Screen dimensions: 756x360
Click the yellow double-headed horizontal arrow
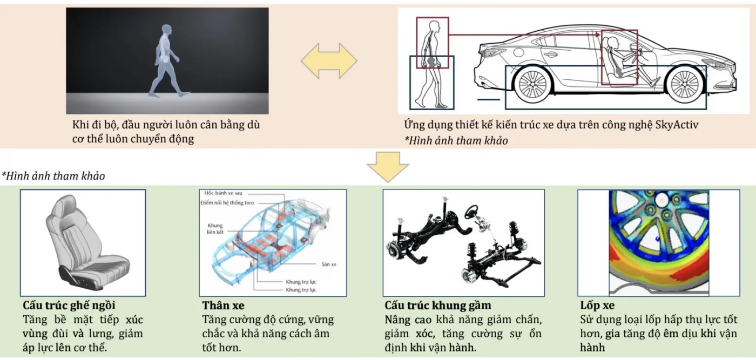click(x=329, y=61)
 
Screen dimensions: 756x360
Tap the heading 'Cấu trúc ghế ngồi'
click(x=69, y=305)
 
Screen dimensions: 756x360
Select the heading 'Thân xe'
click(x=224, y=305)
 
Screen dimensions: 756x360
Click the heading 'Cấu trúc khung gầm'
click(x=438, y=305)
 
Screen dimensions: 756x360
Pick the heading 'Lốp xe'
click(x=597, y=305)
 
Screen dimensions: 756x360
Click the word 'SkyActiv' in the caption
click(x=677, y=125)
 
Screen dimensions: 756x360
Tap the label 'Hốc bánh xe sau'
click(x=223, y=193)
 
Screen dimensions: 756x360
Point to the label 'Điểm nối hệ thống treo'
click(x=227, y=203)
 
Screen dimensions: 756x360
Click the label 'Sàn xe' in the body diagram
click(x=329, y=264)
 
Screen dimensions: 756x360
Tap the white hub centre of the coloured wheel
click(x=661, y=201)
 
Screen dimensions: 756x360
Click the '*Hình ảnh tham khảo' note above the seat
click(x=53, y=176)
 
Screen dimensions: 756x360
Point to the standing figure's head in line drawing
click(x=434, y=26)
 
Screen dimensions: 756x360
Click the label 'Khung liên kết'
click(x=215, y=228)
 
